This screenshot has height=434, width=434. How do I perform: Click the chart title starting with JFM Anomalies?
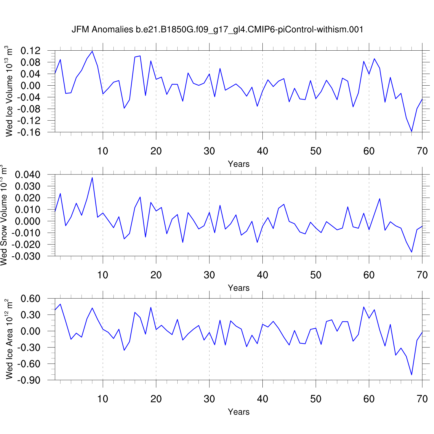tap(217, 30)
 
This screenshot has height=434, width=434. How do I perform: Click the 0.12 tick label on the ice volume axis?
tap(30, 51)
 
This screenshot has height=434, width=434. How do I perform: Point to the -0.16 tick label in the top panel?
tap(29, 132)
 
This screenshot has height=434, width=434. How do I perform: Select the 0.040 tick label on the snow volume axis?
tap(27, 175)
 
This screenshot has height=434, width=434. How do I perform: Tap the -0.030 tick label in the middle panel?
tap(26, 256)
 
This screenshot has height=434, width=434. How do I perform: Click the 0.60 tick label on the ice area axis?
tap(30, 299)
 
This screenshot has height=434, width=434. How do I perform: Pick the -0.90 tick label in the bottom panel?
tap(29, 380)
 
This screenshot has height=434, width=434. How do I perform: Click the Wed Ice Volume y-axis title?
tap(9, 91)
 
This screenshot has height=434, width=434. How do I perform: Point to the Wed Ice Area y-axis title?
tap(9, 339)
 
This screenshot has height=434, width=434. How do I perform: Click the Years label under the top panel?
tap(238, 164)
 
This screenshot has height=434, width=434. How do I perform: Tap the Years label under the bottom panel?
tap(238, 412)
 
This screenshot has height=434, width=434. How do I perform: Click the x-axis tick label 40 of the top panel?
tap(262, 151)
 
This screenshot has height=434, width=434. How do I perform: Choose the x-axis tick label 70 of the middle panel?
tap(422, 275)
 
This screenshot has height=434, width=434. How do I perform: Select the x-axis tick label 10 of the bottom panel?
tap(103, 399)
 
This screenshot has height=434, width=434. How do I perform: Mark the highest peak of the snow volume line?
tap(92, 177)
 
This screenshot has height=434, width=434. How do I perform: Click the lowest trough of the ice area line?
tap(411, 375)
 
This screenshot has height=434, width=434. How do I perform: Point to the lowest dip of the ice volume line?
tap(411, 131)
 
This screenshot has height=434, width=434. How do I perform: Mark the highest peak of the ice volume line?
tap(92, 51)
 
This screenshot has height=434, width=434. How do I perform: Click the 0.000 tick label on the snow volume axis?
tap(27, 221)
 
